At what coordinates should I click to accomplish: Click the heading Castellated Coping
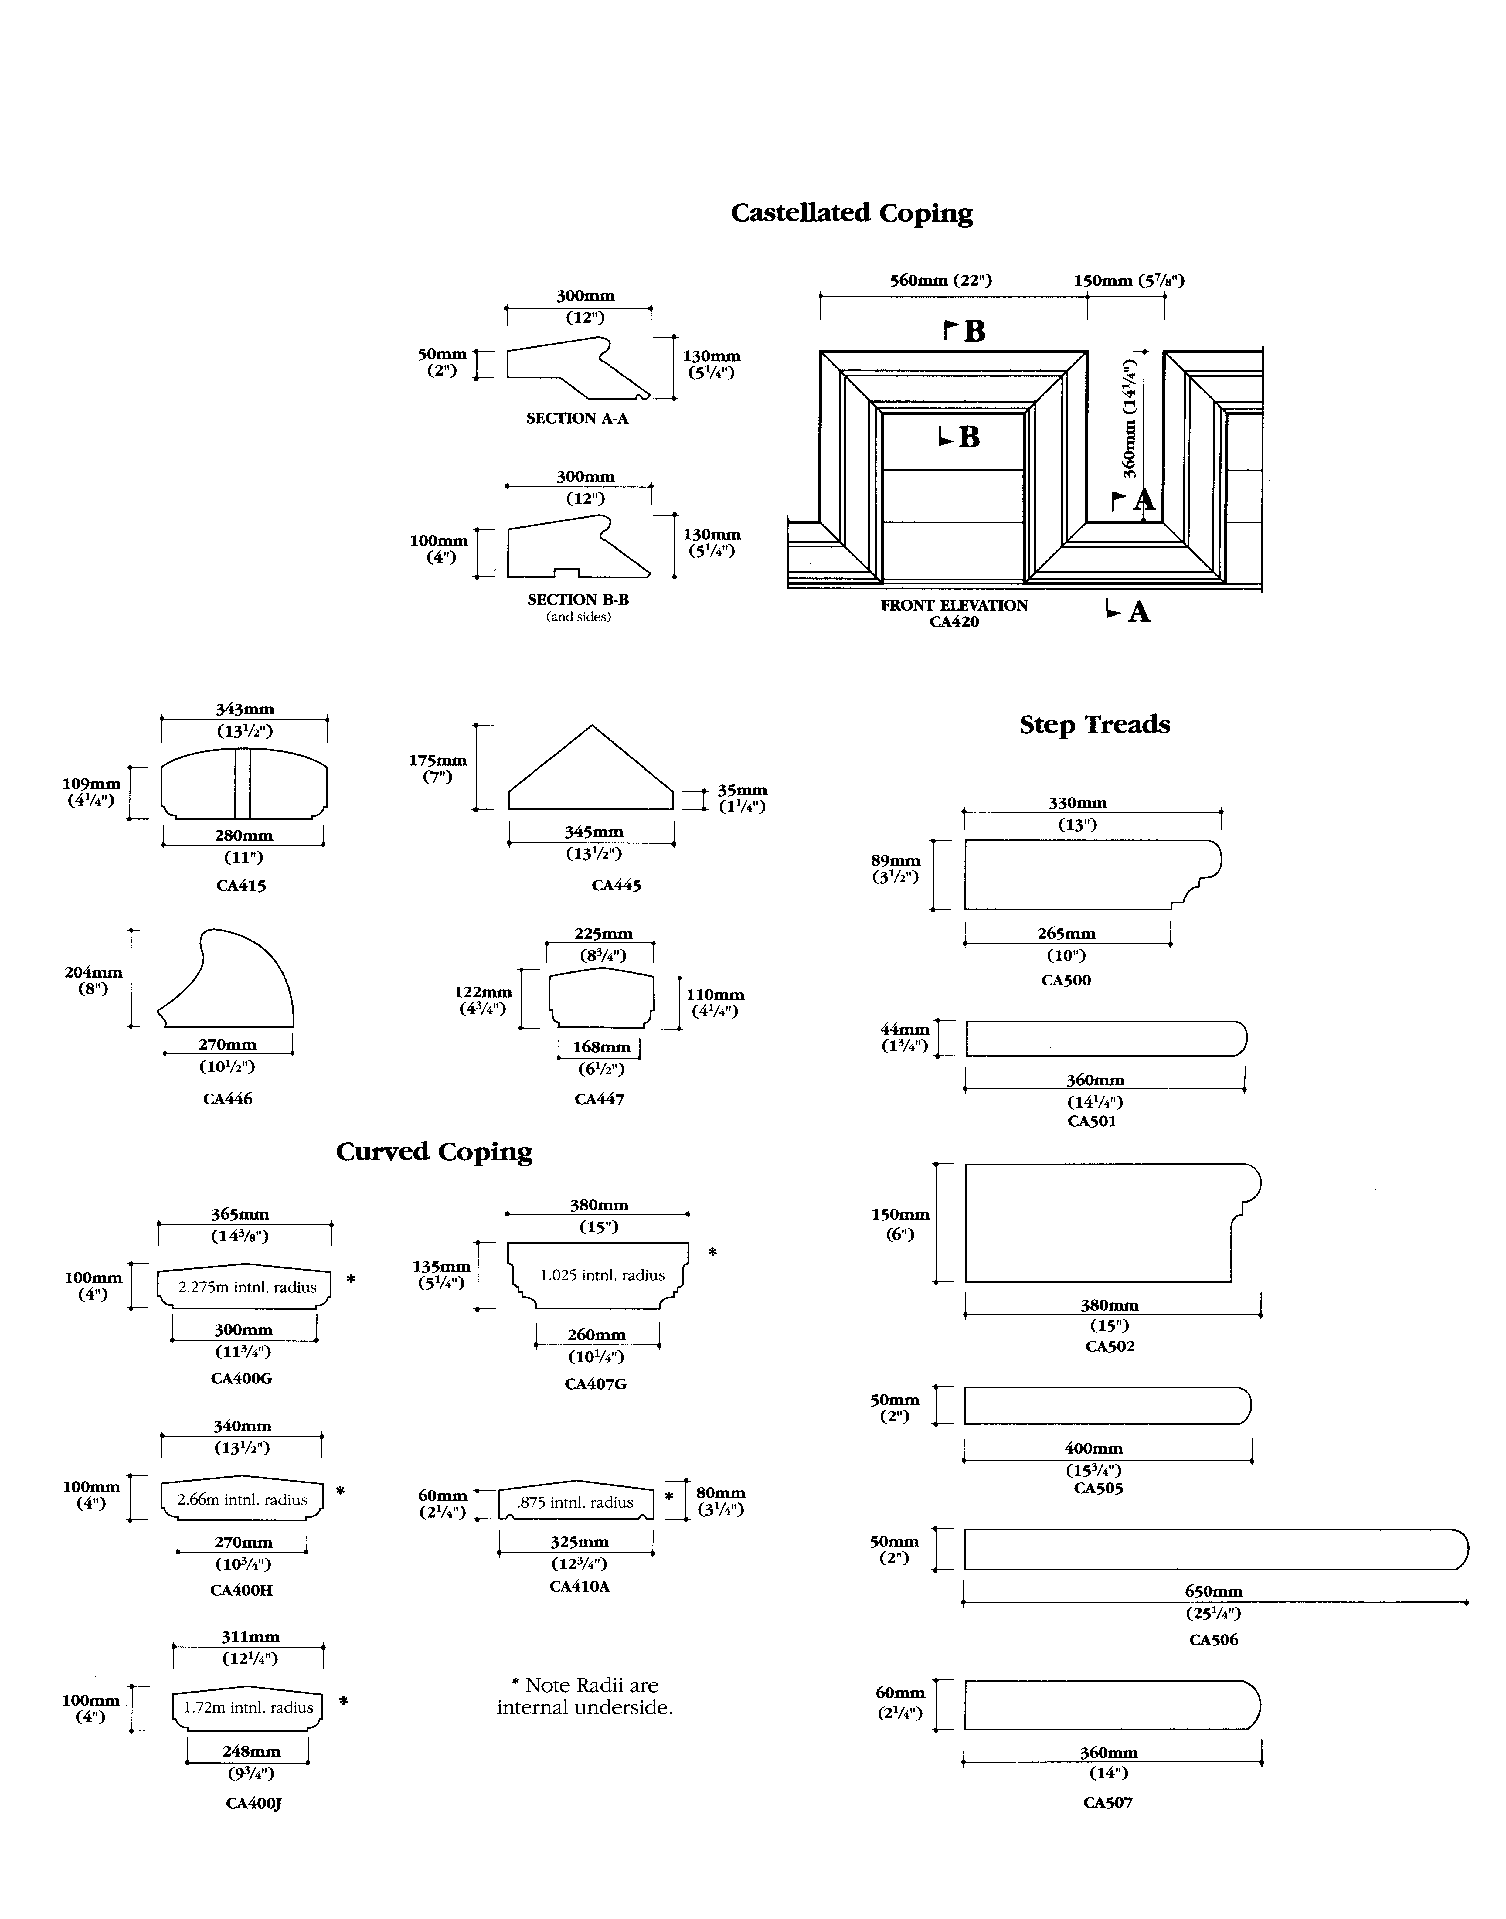tap(852, 213)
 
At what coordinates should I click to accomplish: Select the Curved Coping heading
tap(434, 1152)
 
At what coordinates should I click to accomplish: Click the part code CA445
tap(616, 885)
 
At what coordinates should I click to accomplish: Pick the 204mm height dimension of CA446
tap(93, 972)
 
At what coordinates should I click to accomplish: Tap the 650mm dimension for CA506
tap(1213, 1592)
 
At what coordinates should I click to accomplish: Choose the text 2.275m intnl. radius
tap(247, 1288)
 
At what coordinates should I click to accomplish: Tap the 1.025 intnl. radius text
tap(602, 1275)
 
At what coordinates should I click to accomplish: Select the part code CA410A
tap(579, 1587)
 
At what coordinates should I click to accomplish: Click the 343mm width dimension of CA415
tap(245, 709)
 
